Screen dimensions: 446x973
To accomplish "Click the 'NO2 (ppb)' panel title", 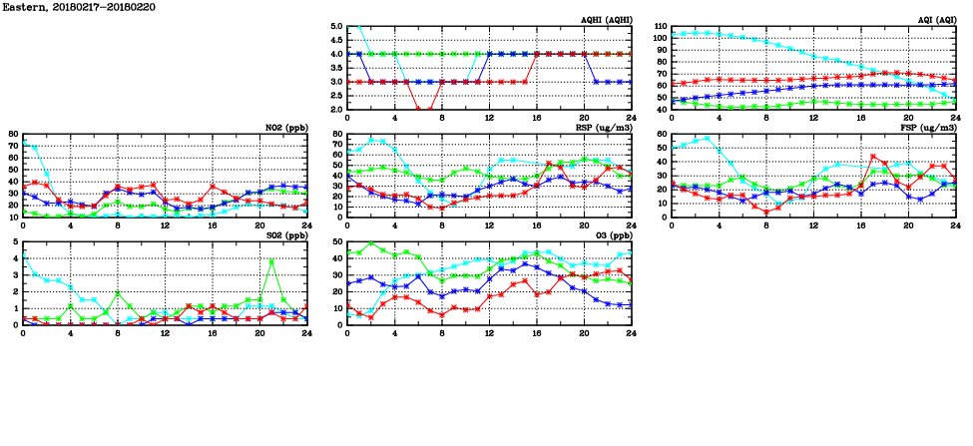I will pos(286,128).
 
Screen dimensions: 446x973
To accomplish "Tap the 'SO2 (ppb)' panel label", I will pos(286,235).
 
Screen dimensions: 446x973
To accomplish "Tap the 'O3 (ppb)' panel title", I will pos(612,235).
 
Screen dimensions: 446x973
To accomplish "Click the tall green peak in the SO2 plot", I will pos(271,260).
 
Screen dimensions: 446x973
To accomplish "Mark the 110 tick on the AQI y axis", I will pos(661,26).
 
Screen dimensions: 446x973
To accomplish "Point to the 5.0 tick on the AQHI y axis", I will pos(335,26).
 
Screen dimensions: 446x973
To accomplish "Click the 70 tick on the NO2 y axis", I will pos(12,147).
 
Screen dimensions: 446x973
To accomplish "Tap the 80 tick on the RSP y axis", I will pos(338,134).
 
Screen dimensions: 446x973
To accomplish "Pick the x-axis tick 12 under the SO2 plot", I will pos(165,333).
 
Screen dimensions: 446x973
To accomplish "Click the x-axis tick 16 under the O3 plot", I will pos(536,333).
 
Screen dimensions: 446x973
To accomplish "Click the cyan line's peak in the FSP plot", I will pos(707,139).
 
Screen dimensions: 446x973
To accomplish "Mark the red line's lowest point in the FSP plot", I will pos(765,212).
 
